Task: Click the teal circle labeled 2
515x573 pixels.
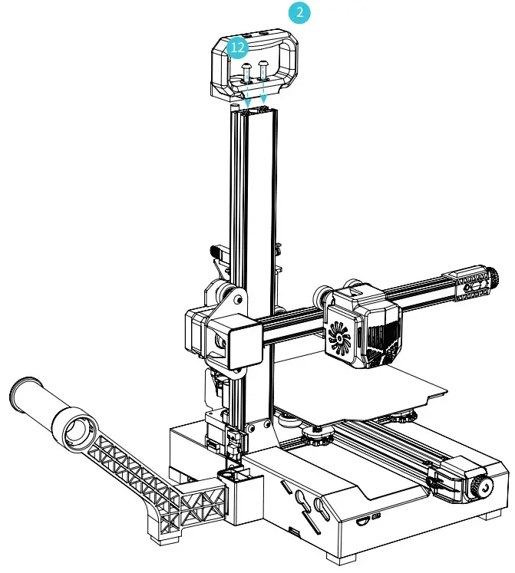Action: [299, 13]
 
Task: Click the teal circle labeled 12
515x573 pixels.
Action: [239, 48]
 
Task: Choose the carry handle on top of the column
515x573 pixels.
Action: [256, 65]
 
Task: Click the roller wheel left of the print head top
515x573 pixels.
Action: [321, 295]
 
